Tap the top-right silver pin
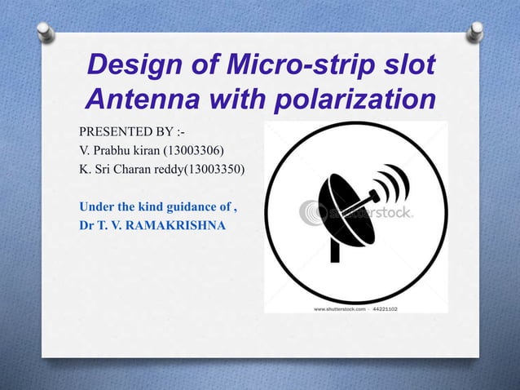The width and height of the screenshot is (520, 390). [x=475, y=31]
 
